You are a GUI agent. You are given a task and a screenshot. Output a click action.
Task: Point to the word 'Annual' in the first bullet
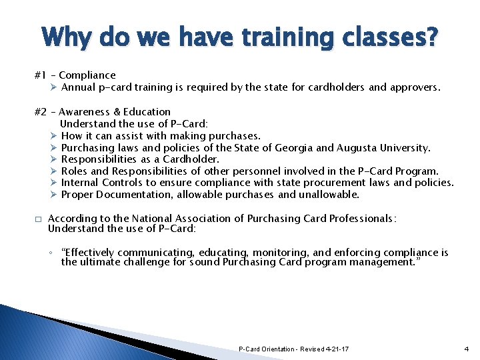79,87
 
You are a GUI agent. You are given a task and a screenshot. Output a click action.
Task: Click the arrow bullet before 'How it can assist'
53,136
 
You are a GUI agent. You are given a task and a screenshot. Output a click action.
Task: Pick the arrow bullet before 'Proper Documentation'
53,195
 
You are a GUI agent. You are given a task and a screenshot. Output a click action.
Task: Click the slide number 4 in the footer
466,349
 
